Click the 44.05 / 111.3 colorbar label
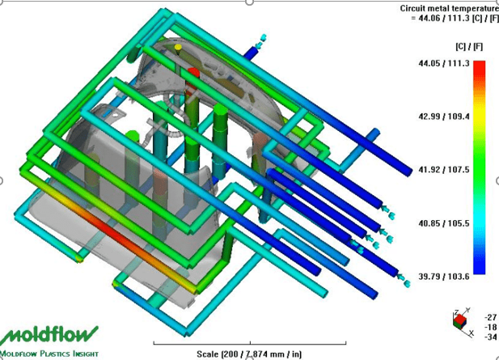(444, 63)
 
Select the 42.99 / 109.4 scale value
(444, 116)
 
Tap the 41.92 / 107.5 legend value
(444, 170)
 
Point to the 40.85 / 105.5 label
(444, 223)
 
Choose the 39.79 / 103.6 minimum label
(444, 277)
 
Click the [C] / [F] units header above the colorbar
(469, 47)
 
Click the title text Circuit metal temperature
(449, 8)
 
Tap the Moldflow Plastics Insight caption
(49, 354)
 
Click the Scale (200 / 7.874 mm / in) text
(249, 354)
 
